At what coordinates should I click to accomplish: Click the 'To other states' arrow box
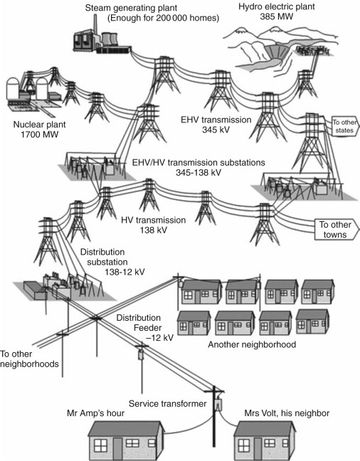[x=345, y=126]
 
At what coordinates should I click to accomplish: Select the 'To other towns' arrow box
[x=337, y=230]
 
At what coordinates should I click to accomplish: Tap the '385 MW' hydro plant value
[x=277, y=16]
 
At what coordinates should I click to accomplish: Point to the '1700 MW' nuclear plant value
[x=39, y=134]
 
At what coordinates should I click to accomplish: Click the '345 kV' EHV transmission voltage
[x=216, y=129]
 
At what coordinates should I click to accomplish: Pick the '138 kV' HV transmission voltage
[x=153, y=230]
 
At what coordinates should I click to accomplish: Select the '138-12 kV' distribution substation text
[x=125, y=272]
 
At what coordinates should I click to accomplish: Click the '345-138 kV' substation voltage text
[x=198, y=172]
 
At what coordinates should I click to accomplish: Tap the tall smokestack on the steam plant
[x=95, y=25]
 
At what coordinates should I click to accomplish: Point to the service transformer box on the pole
[x=218, y=405]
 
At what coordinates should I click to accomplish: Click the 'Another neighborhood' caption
[x=252, y=344]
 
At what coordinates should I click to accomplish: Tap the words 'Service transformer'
[x=168, y=403]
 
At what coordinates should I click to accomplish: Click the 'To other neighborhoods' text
[x=29, y=359]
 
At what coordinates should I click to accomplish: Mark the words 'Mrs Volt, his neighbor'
[x=287, y=413]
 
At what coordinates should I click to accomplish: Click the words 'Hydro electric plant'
[x=277, y=6]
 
